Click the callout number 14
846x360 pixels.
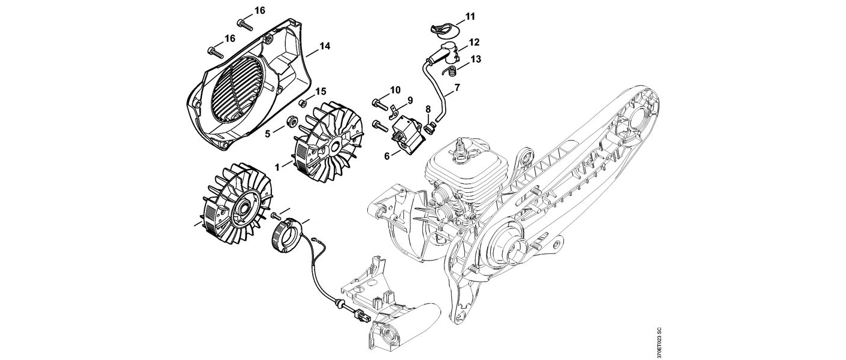tap(325, 46)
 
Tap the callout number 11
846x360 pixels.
tap(470, 15)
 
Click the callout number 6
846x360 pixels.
tap(387, 155)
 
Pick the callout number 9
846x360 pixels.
tap(411, 99)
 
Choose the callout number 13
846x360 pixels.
tap(476, 59)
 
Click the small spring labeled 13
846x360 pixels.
tap(453, 72)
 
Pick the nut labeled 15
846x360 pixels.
tap(304, 101)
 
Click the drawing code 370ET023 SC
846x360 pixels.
tap(659, 342)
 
